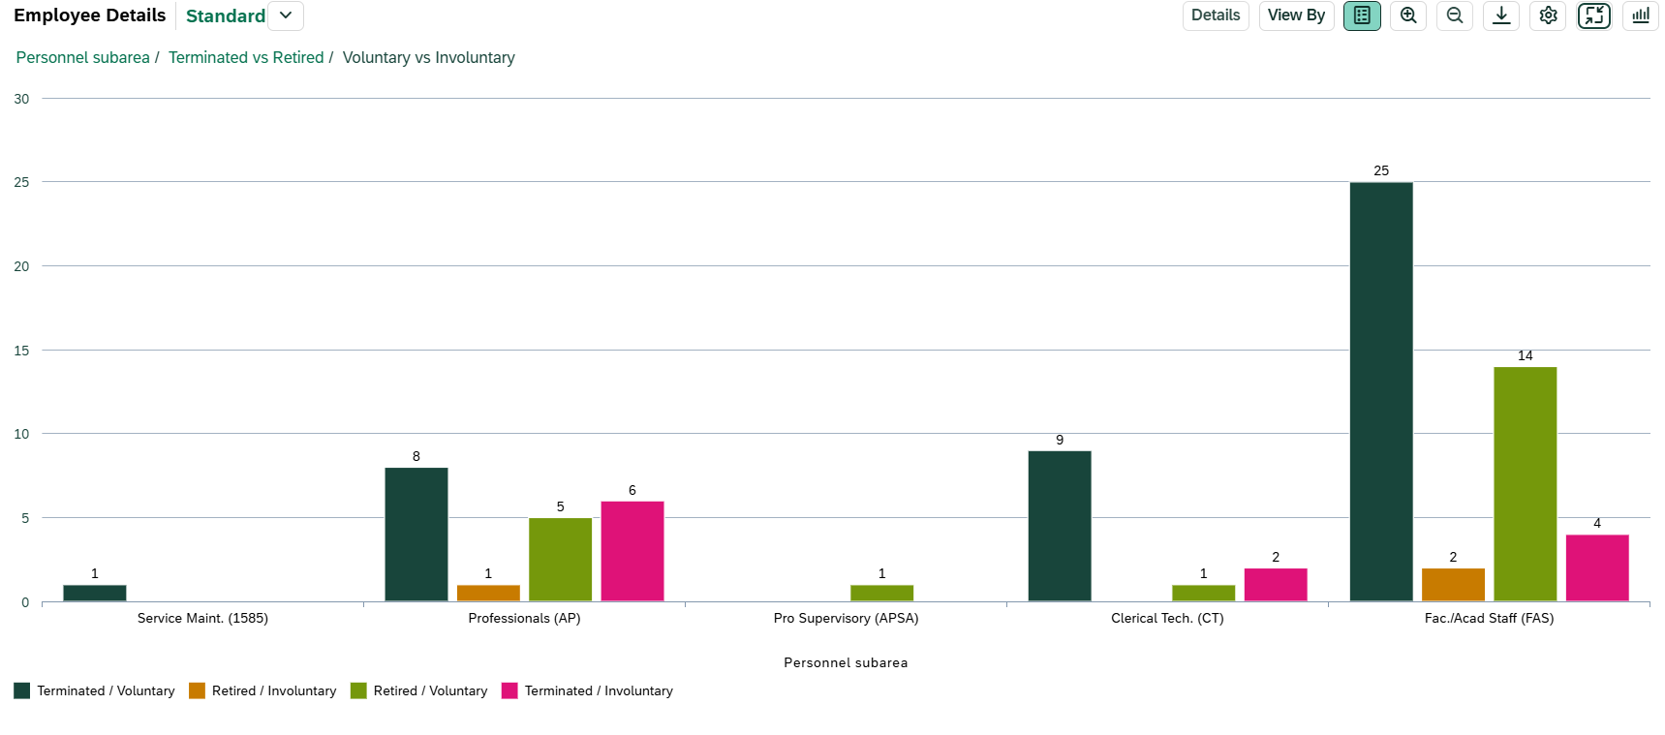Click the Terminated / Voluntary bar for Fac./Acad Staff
coord(1381,391)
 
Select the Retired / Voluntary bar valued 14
coord(1525,484)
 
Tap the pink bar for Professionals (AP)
coord(632,551)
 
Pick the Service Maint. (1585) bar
coord(94,593)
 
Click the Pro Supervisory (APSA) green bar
coord(881,593)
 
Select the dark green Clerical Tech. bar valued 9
coord(1059,526)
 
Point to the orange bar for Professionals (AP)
coord(488,593)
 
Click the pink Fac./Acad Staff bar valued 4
coord(1596,567)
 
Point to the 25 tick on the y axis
coord(21,182)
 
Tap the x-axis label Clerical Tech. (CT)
coord(1167,618)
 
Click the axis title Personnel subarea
coord(846,662)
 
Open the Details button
coord(1215,15)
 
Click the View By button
coord(1296,15)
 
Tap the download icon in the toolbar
coord(1501,15)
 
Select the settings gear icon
coord(1548,15)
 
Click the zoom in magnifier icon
coord(1408,15)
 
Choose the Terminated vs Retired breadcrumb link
coord(246,58)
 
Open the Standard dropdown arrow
coord(286,15)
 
